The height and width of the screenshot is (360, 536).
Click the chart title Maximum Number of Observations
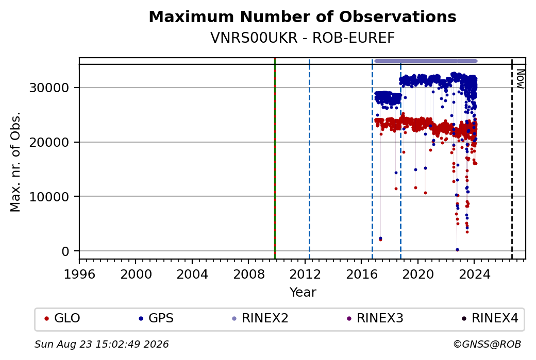coord(303,16)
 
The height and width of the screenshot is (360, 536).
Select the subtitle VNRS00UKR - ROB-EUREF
coord(303,38)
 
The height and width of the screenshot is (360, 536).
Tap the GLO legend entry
coord(62,318)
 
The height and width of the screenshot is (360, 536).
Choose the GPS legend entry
coord(156,318)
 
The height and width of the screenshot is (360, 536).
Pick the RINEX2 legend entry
coord(260,318)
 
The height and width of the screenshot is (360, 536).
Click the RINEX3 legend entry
coord(375,318)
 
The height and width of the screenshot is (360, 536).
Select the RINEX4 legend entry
coord(490,318)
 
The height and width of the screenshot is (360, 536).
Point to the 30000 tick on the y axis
coord(49,88)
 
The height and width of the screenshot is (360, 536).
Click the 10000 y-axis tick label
coord(49,197)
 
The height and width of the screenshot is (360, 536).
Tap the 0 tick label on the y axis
coord(65,251)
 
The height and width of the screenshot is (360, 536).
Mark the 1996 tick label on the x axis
coord(79,275)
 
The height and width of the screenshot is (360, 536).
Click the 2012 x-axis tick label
coord(305,275)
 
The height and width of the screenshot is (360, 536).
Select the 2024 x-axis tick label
coord(474,275)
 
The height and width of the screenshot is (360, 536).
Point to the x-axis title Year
coord(303,293)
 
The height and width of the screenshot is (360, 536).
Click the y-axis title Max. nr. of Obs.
coord(15,162)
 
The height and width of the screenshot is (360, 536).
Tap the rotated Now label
coord(520,79)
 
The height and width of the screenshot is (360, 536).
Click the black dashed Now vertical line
coord(512,159)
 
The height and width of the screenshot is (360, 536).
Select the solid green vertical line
coord(275,159)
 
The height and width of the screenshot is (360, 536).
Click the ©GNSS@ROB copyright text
coord(487,344)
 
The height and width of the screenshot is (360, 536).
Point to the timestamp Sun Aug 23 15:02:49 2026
coord(102,344)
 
